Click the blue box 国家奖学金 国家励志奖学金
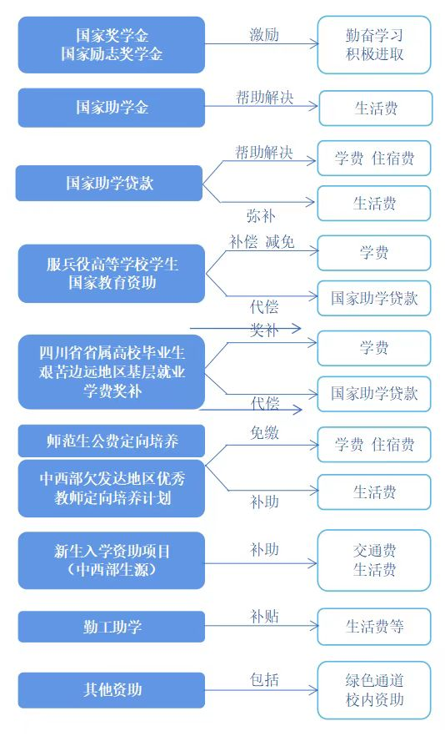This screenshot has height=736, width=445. coord(112,44)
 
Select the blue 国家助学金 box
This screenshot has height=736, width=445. coord(112,108)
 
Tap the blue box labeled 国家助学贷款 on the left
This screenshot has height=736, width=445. coord(110,183)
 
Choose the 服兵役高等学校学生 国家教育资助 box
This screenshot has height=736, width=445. coord(112,274)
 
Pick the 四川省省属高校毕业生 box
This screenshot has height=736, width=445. coord(112,372)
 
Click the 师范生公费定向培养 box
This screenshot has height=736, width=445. coord(112,440)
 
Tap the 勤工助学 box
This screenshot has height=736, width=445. coord(112,627)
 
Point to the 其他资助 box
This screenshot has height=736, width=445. coord(112,690)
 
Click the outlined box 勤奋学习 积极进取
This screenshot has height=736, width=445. coord(374,45)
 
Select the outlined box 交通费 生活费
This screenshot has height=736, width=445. coord(374,561)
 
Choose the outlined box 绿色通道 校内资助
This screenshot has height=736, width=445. coord(374,690)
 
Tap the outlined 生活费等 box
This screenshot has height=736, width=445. coord(374,627)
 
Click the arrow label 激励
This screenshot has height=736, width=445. coord(264,34)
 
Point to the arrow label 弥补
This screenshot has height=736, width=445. coord(261,215)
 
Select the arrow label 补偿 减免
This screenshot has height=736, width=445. coord(262,242)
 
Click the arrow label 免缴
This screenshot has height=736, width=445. coord(265,433)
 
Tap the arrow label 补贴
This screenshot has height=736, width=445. coord(265,617)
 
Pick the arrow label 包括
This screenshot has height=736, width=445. coord(265,680)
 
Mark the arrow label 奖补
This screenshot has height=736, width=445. coord(265,330)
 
